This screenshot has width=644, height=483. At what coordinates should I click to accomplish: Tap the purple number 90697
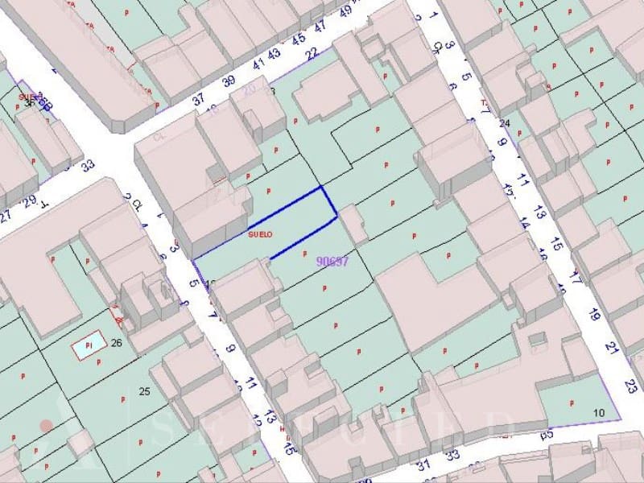point(332,261)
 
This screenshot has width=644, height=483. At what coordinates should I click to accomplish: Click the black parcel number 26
point(117,344)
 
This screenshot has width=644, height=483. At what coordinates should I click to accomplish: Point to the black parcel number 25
point(145,392)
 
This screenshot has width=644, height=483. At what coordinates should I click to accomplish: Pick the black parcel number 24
point(505,123)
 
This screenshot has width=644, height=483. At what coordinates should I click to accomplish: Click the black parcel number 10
point(598,413)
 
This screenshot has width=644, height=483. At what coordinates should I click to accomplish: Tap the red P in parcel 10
point(572,402)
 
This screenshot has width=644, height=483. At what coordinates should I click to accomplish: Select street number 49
point(347,12)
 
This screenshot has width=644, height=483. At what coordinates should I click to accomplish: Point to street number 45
point(299,38)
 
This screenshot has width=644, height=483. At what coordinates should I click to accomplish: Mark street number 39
point(229,80)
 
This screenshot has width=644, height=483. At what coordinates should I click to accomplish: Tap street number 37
point(199,99)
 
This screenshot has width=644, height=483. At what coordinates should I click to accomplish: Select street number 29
point(30,200)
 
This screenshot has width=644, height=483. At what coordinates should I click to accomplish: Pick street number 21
point(613,348)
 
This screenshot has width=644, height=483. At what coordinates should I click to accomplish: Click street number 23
point(631,386)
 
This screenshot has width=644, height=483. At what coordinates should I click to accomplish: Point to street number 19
point(595,315)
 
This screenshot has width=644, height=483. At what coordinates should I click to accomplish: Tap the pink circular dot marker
point(47,424)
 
